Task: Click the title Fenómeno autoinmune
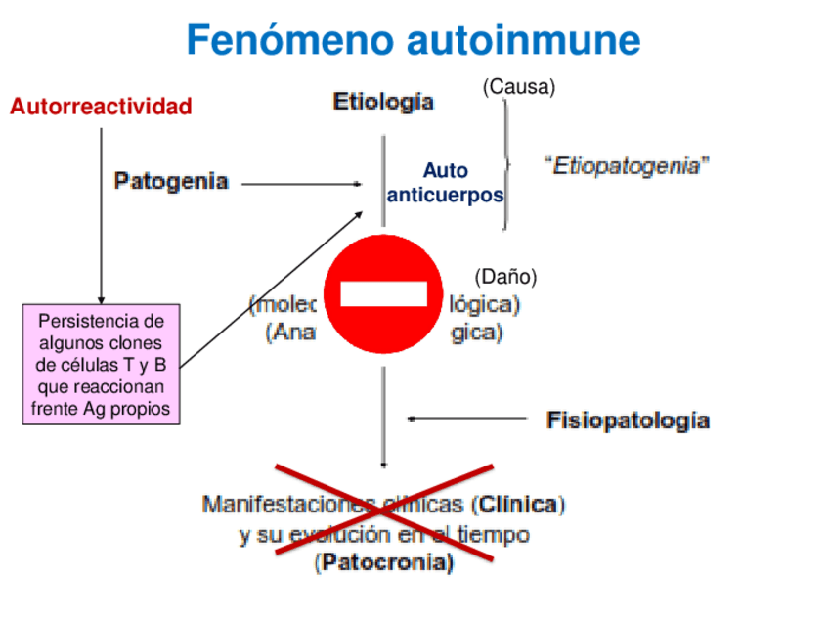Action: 414,41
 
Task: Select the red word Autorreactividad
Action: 101,107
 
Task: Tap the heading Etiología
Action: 384,102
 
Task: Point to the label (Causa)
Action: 519,87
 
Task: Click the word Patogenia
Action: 172,181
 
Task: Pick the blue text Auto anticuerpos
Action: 445,183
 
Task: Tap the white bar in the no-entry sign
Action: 383,293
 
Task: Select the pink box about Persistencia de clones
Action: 101,364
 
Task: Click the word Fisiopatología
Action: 628,421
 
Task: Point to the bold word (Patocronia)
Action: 384,562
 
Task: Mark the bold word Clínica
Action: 518,506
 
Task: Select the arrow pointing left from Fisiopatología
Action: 467,419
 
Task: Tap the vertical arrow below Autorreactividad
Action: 101,215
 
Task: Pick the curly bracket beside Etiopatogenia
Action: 506,164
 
